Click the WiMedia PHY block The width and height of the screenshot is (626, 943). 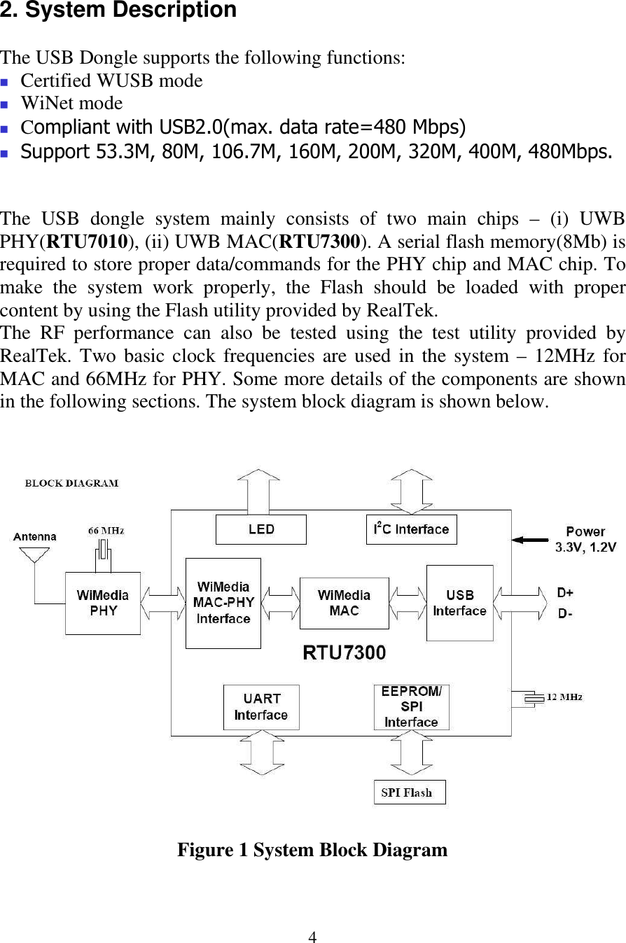click(103, 603)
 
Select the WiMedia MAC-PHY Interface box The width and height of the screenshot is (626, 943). click(223, 603)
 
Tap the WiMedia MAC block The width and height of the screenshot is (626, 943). click(344, 603)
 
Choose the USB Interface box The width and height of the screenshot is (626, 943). click(459, 603)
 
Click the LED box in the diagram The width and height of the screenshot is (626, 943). click(261, 529)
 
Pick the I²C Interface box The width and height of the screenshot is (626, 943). click(412, 529)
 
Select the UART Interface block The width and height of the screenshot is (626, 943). click(261, 707)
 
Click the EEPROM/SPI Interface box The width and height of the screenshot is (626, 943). click(412, 707)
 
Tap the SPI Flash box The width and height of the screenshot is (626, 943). click(410, 792)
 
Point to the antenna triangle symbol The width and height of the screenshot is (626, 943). click(34, 554)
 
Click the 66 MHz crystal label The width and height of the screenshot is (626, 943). click(106, 531)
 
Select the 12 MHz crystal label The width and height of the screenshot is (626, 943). click(564, 697)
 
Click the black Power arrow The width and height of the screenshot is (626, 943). click(530, 540)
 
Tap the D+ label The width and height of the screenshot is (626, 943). click(565, 593)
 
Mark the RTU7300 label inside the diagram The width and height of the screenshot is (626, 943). click(344, 652)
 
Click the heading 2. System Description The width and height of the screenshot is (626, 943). click(118, 11)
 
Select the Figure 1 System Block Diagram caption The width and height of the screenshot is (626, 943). click(312, 850)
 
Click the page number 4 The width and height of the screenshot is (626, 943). click(313, 937)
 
